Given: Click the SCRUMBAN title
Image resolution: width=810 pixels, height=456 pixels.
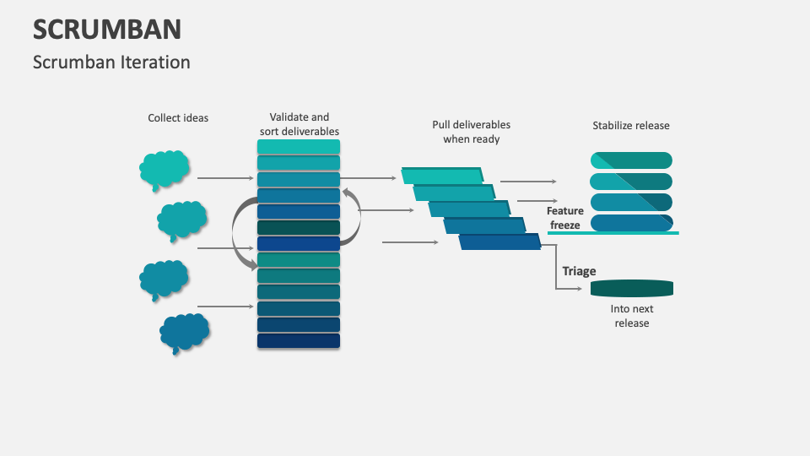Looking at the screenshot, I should pyautogui.click(x=107, y=30).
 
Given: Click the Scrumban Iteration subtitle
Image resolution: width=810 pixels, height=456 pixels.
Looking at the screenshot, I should pyautogui.click(x=111, y=62).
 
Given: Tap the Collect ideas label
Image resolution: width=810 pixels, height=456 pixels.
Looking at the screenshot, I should pyautogui.click(x=178, y=118).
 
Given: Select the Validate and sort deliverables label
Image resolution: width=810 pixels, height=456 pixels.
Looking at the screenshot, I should pyautogui.click(x=299, y=124).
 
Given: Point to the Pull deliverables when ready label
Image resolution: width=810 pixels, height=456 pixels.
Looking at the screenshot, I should pyautogui.click(x=471, y=132).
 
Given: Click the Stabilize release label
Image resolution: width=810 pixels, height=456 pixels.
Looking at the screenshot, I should pyautogui.click(x=631, y=126).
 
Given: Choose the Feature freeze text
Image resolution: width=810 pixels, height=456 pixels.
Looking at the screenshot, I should pyautogui.click(x=564, y=218).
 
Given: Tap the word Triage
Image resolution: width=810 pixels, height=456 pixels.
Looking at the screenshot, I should pyautogui.click(x=580, y=271).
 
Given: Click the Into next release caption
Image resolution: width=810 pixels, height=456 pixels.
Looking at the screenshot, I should pyautogui.click(x=631, y=316).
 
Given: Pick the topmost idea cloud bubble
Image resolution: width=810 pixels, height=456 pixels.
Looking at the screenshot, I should pyautogui.click(x=164, y=170).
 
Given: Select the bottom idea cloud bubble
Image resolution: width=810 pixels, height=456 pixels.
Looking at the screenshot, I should pyautogui.click(x=184, y=333).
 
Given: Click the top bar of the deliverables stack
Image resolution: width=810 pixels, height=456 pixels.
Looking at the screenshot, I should pyautogui.click(x=299, y=147).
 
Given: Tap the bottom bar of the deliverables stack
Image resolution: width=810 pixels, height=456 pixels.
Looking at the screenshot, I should pyautogui.click(x=299, y=341).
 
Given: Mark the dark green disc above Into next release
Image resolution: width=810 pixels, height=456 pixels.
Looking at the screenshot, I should pyautogui.click(x=631, y=289).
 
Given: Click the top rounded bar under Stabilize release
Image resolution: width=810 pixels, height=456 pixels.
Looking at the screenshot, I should pyautogui.click(x=631, y=160).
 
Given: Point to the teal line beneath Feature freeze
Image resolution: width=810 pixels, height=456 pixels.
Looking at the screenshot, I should pyautogui.click(x=613, y=232).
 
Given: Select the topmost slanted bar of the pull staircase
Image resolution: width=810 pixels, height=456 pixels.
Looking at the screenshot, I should pyautogui.click(x=442, y=176).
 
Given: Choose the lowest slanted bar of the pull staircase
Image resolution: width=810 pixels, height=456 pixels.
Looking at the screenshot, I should pyautogui.click(x=499, y=242).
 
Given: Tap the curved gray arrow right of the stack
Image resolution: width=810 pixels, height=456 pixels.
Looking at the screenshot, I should pyautogui.click(x=354, y=216).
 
